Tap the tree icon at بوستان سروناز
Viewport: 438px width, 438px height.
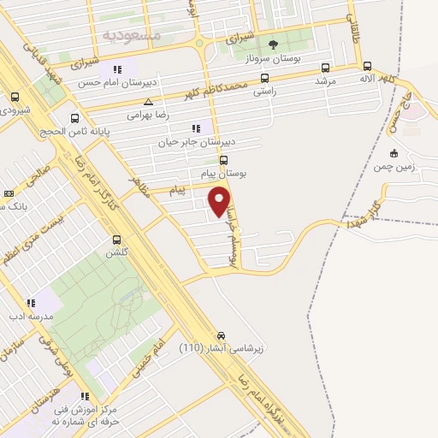click(273, 44)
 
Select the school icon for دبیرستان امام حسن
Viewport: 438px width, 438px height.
click(117, 69)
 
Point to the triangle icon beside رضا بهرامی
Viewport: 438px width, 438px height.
click(148, 102)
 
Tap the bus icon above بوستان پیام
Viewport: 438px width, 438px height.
click(224, 159)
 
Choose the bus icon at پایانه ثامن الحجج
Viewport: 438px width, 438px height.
click(75, 119)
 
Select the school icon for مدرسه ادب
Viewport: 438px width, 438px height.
click(31, 302)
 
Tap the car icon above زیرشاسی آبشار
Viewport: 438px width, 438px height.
click(222, 334)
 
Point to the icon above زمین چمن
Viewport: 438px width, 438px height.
click(393, 153)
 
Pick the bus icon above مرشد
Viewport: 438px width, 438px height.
click(324, 68)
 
